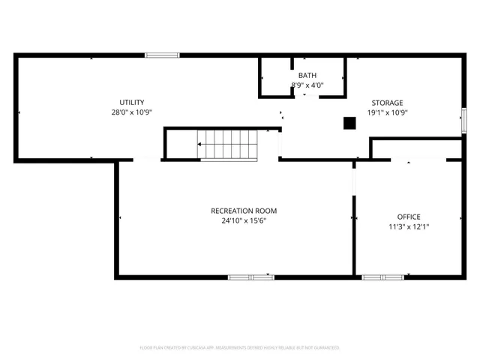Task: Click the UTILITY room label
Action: click(132, 103)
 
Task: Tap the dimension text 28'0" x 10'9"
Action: click(132, 112)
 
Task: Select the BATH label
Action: click(307, 76)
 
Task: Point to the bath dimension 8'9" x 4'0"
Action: click(307, 85)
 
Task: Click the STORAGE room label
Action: click(387, 103)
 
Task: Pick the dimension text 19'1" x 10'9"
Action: click(387, 112)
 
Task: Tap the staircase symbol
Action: click(227, 143)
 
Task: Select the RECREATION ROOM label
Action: click(238, 211)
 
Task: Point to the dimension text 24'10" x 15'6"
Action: click(238, 221)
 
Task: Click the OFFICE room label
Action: click(409, 217)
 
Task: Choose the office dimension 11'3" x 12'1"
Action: click(409, 226)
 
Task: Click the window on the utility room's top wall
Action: click(162, 55)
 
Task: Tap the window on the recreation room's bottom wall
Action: click(251, 277)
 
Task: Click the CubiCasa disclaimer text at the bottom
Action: click(240, 348)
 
